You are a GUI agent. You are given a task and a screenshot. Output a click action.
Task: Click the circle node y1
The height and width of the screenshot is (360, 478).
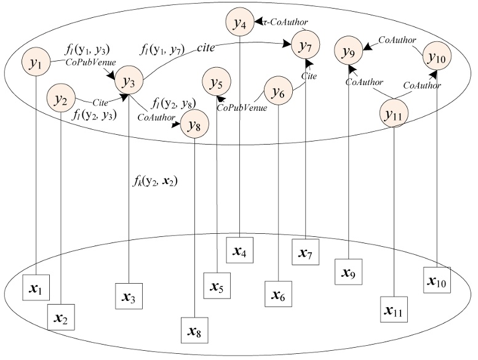click(x=36, y=63)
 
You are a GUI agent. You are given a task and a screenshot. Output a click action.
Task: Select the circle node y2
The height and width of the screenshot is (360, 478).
click(x=61, y=98)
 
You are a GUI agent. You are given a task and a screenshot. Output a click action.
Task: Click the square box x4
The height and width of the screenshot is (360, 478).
click(x=239, y=251)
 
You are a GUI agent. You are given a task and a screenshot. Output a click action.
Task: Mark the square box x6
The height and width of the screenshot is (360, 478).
click(x=279, y=295)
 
